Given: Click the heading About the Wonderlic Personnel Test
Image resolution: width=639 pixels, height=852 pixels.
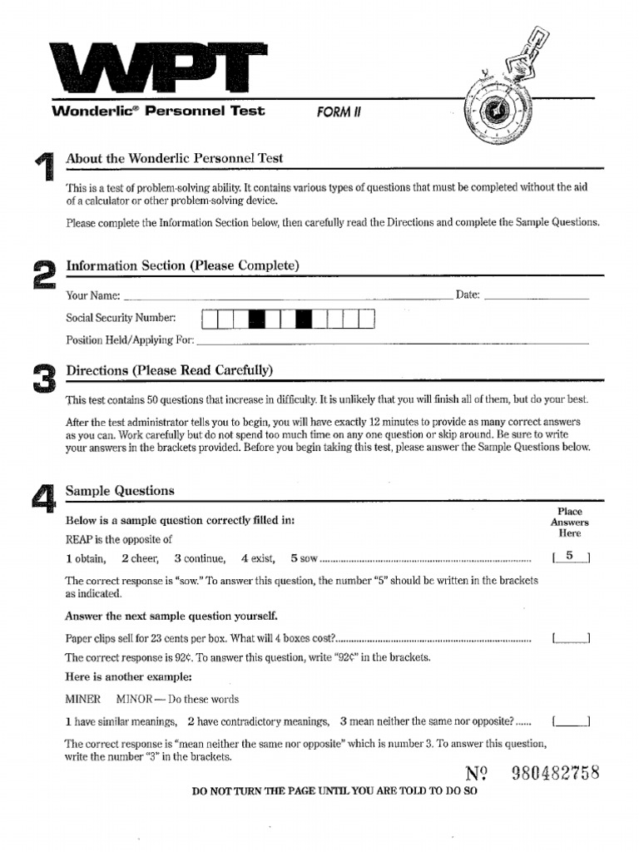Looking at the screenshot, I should pos(175,158).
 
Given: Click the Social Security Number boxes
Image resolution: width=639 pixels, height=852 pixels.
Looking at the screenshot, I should pos(288,319).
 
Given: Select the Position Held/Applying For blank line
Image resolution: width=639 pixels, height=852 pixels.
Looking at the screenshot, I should pos(392,341).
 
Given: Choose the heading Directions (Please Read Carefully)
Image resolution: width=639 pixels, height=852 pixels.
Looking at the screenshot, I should pos(170,370).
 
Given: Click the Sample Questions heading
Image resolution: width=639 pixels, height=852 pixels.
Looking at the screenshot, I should pos(121,491).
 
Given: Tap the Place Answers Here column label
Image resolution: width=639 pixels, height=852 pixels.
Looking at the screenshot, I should pos(570,523).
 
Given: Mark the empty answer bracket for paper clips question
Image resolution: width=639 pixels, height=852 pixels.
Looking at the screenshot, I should pos(571,639).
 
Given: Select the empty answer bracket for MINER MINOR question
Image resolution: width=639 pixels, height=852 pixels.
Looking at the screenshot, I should pos(571,721).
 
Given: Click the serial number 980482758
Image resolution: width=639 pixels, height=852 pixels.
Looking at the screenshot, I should pos(556,773).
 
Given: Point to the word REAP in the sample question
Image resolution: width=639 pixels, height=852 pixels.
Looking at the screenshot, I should pos(80,539).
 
